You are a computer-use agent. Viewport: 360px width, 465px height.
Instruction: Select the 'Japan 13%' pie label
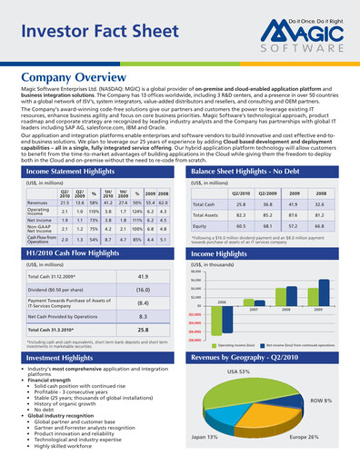point(204,437)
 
